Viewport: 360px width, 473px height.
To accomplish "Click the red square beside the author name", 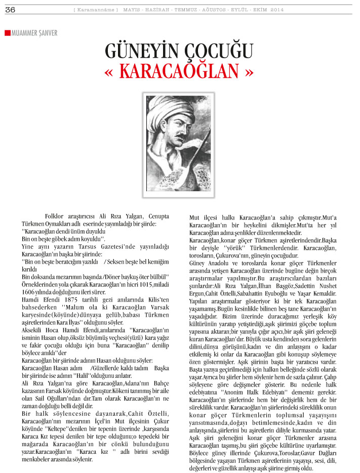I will [7, 33].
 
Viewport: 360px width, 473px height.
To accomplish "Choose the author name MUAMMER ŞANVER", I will [34, 33].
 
